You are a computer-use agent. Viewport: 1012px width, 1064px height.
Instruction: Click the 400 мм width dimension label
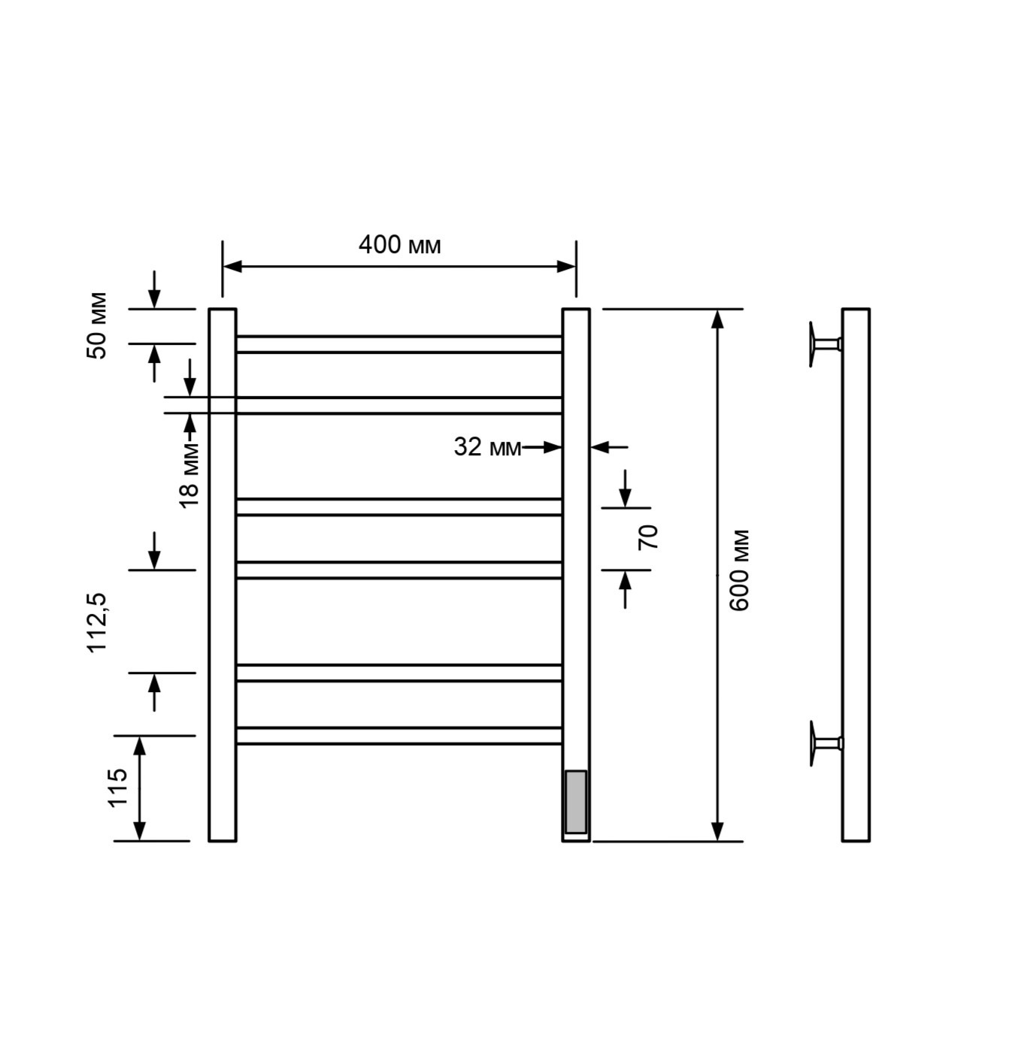pos(400,245)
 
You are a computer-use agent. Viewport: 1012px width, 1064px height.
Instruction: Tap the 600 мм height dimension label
pos(739,570)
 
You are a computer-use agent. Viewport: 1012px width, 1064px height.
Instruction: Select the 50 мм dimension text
pos(97,325)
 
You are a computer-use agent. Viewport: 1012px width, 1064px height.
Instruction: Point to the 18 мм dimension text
pos(189,475)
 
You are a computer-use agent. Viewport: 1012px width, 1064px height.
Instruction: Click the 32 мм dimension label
pos(487,447)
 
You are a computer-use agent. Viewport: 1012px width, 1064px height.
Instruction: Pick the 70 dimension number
pos(647,537)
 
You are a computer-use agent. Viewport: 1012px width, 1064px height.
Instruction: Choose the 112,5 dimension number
pos(98,622)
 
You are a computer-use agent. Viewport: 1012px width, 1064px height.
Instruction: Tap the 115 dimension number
pos(117,788)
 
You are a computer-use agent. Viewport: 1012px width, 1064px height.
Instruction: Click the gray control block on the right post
pos(575,802)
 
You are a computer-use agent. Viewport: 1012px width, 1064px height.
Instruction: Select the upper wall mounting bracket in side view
pos(825,344)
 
